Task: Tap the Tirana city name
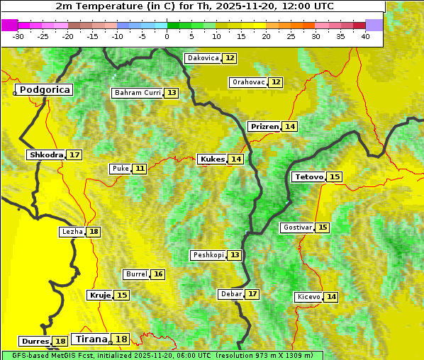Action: tap(91, 339)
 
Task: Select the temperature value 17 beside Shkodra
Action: tap(74, 154)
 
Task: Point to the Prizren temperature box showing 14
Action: tap(290, 126)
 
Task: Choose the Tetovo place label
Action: tap(308, 176)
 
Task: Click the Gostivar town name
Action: tap(296, 227)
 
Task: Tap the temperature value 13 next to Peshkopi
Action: tap(235, 255)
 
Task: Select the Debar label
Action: tap(231, 294)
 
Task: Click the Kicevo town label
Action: tap(309, 297)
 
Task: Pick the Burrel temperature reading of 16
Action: tap(158, 274)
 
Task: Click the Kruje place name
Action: tap(99, 295)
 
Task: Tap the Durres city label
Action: tap(35, 342)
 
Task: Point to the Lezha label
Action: tap(72, 232)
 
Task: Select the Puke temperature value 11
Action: tap(140, 169)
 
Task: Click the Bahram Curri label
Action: tap(138, 93)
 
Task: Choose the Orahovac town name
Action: tap(248, 82)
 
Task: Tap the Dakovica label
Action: tap(202, 58)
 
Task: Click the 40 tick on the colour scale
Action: tap(365, 35)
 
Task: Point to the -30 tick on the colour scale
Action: tap(18, 35)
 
